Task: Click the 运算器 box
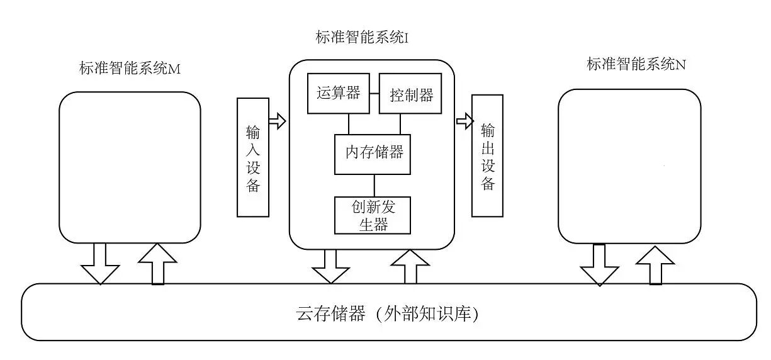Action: pos(338,94)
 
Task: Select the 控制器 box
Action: pos(410,94)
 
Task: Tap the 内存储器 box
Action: pos(373,154)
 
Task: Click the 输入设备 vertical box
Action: pos(253,157)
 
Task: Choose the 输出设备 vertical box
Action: pos(488,155)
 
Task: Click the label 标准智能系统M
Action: pos(130,69)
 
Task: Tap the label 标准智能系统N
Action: pos(636,64)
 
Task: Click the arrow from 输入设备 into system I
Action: pos(277,119)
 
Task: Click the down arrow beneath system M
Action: pos(99,264)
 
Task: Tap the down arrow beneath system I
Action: pos(330,266)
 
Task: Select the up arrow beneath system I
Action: pos(410,266)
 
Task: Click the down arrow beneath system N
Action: pos(599,264)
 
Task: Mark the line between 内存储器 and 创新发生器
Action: pos(374,186)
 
